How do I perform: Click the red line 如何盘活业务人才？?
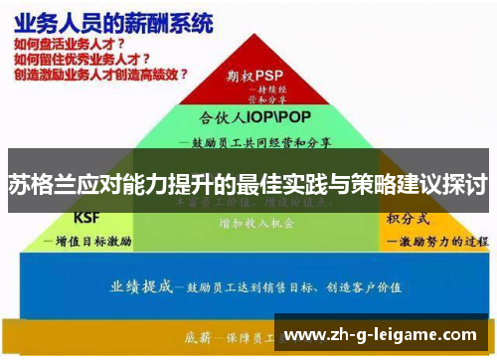pos(70,45)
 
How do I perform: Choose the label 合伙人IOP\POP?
pos(248,115)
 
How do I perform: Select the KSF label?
pos(87,218)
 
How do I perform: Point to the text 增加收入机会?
pos(256,224)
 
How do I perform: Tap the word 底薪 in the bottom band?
pos(199,334)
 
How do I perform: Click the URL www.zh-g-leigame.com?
pos(381,334)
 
